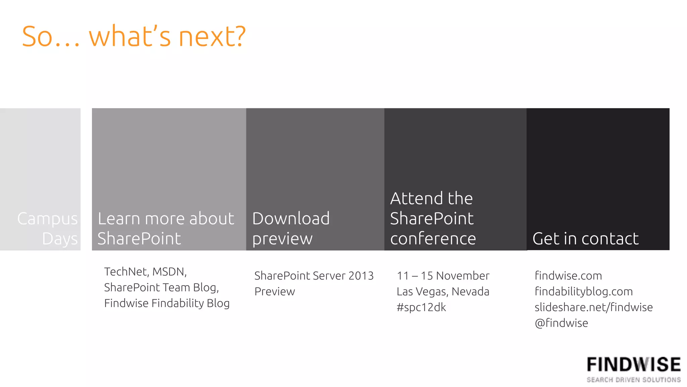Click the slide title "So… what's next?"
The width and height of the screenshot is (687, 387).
pos(134,36)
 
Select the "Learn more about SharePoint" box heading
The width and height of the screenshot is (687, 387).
pos(166,229)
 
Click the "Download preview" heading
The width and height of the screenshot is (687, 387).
pos(291,229)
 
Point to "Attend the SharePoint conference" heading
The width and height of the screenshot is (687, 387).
pos(433,219)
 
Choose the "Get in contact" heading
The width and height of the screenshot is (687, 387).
pos(585,239)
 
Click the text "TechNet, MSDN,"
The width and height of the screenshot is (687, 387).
pos(145,272)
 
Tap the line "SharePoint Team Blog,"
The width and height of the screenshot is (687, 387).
pos(161,287)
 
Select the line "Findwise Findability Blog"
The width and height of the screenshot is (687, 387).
pos(167,303)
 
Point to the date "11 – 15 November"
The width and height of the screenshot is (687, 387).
pos(443,276)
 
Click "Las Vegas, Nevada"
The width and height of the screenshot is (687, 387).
pos(443,291)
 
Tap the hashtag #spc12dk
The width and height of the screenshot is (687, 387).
pos(421,307)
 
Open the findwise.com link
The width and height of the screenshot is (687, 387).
pos(568,276)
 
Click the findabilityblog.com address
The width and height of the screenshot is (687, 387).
pos(584,291)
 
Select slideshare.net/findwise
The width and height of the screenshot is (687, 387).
pos(593,307)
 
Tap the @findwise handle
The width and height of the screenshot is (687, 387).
pos(561,323)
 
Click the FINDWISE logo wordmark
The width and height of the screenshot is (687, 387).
pos(634,365)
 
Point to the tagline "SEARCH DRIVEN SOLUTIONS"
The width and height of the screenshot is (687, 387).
pos(634,380)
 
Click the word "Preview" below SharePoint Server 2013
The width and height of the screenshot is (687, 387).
pos(275,291)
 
